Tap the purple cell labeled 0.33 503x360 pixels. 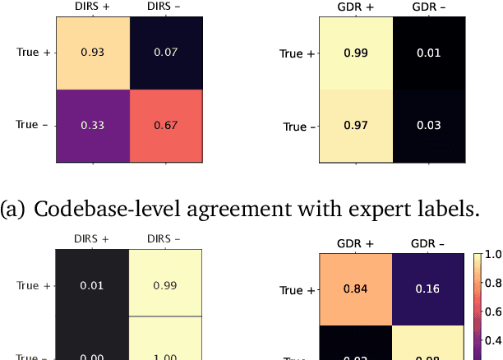92,127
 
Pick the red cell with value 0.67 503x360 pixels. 166,127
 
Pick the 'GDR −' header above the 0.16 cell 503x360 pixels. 427,244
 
